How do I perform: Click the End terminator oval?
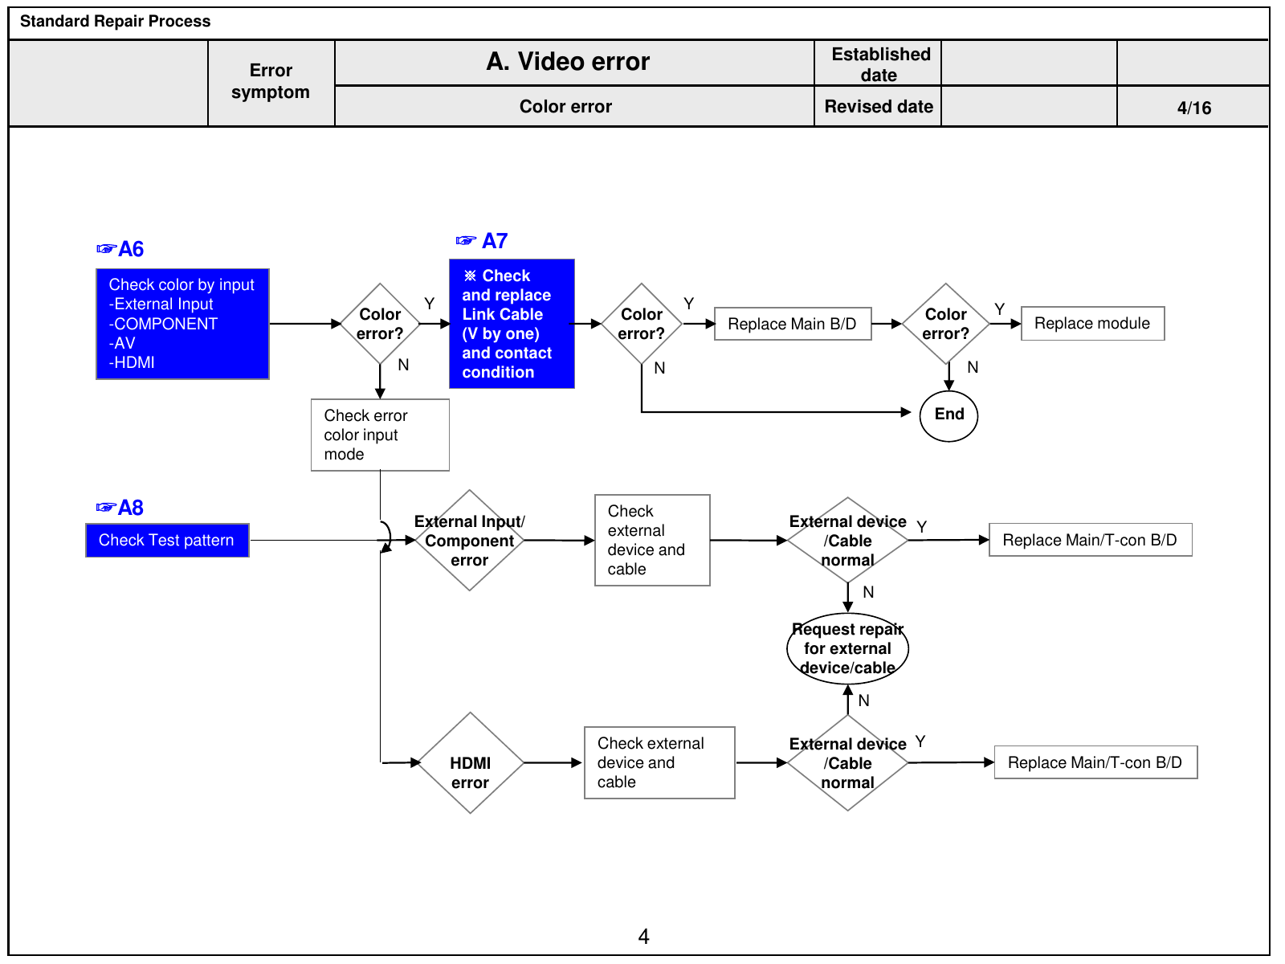click(x=948, y=415)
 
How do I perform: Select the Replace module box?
click(x=1092, y=323)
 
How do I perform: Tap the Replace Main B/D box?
click(x=793, y=323)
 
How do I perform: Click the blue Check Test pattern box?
click(x=167, y=540)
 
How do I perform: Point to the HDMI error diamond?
click(x=470, y=762)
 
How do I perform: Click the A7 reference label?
click(x=482, y=240)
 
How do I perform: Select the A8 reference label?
click(x=120, y=508)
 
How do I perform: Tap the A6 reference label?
click(x=120, y=249)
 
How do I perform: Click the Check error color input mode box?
click(x=380, y=435)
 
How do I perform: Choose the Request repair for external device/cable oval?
click(x=847, y=648)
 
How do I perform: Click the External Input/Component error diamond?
click(x=470, y=540)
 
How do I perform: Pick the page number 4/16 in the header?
click(x=1194, y=108)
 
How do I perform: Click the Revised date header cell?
click(x=878, y=107)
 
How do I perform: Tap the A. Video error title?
click(x=568, y=62)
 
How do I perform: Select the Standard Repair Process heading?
click(x=116, y=21)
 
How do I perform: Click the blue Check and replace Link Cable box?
click(x=512, y=324)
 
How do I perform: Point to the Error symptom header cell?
click(x=271, y=82)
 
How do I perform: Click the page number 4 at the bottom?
click(x=643, y=937)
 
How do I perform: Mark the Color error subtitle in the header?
click(x=565, y=107)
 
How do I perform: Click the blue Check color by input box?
click(x=182, y=324)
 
